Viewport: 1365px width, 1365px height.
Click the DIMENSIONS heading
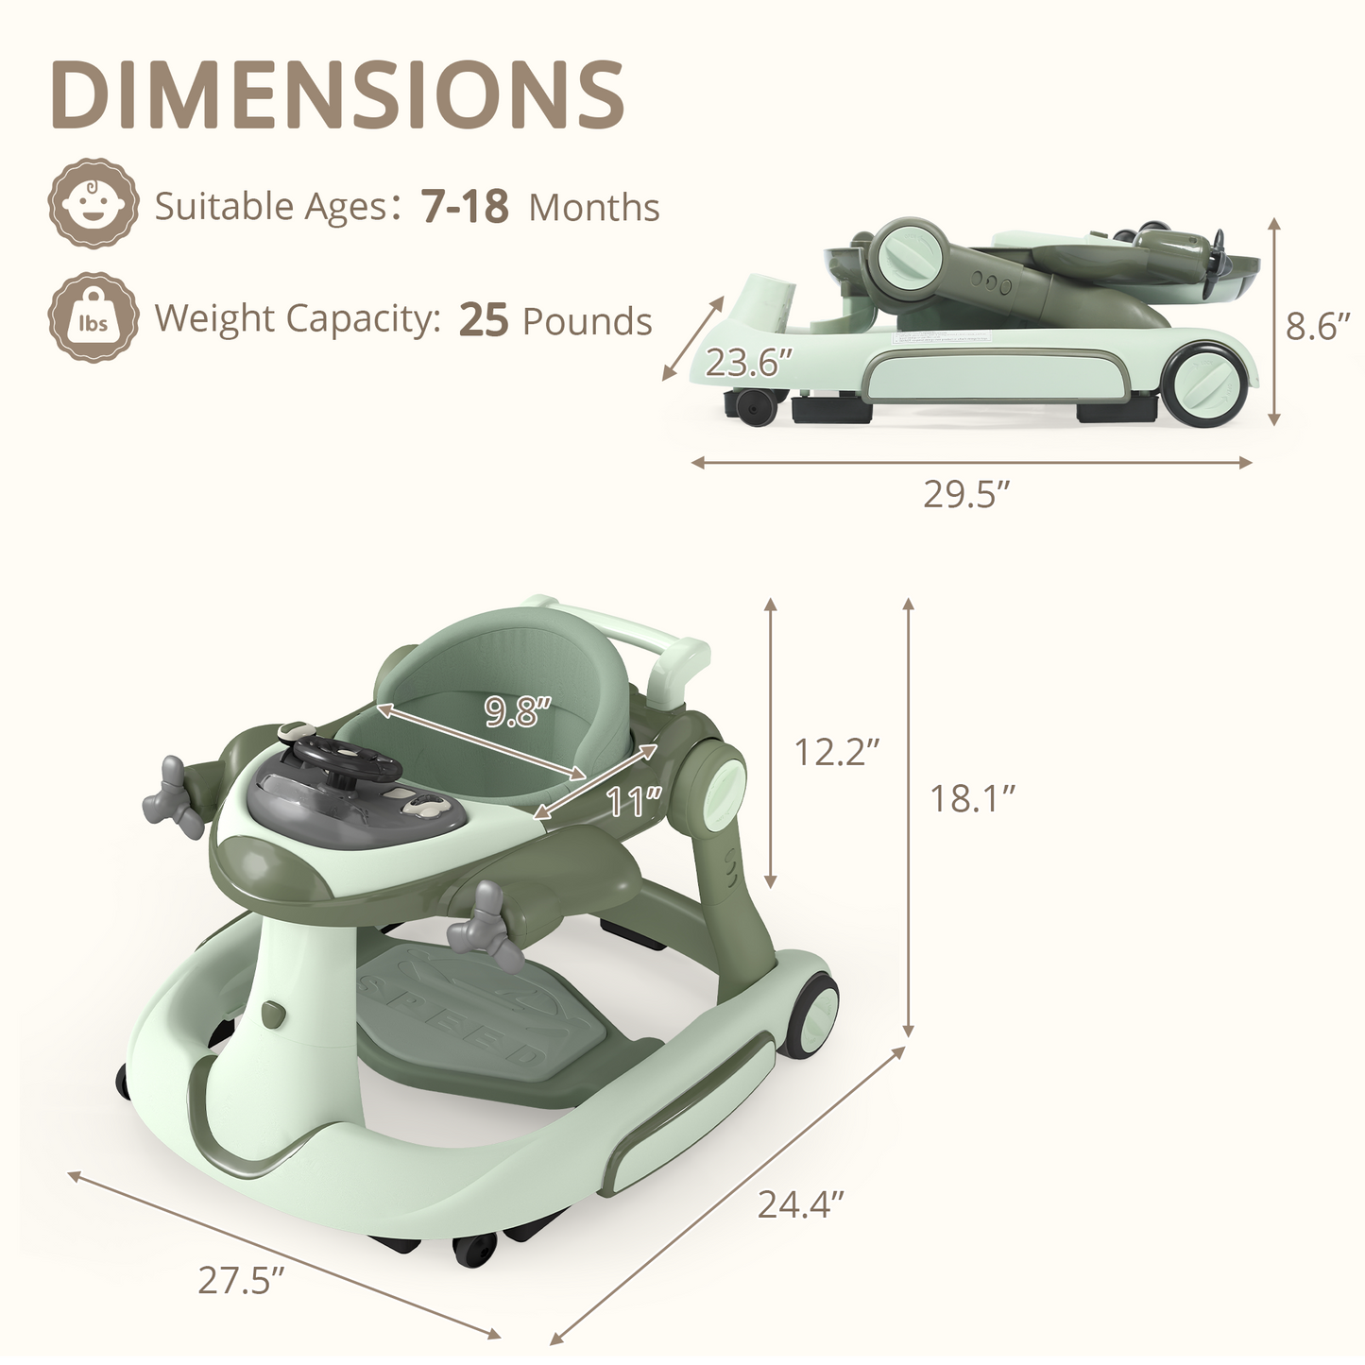click(x=337, y=94)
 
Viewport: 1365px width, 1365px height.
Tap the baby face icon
click(x=94, y=202)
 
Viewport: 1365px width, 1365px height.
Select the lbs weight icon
click(x=94, y=317)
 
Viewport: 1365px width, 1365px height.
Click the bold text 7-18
click(x=465, y=206)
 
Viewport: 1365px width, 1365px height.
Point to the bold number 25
click(x=484, y=319)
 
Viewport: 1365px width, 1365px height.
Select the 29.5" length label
click(x=965, y=494)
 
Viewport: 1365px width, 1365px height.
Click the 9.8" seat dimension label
click(x=518, y=710)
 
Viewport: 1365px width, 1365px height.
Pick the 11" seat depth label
click(x=633, y=802)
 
